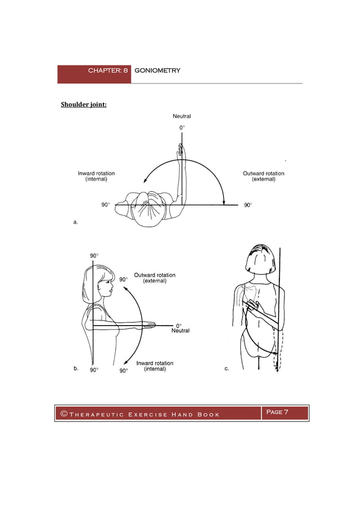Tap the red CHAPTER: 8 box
[x=94, y=74]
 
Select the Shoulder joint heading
[x=84, y=104]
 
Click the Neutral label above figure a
[x=181, y=116]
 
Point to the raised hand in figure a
[x=180, y=151]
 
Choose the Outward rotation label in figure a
[x=263, y=176]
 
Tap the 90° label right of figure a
[x=248, y=205]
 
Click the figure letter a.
[x=76, y=222]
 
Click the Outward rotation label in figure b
[x=154, y=278]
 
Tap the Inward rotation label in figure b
[x=155, y=366]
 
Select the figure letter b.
[x=76, y=368]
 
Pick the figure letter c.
[x=226, y=368]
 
